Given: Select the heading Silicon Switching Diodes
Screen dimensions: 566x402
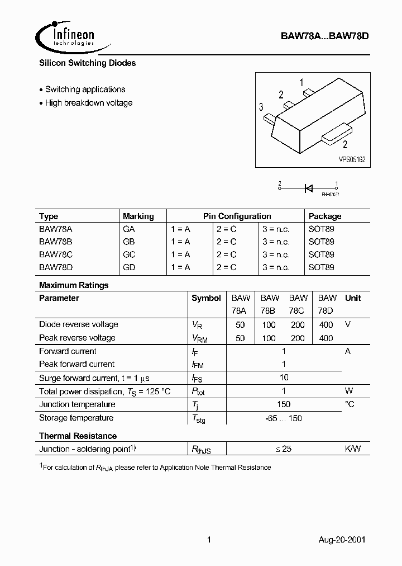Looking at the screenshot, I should click(x=87, y=63).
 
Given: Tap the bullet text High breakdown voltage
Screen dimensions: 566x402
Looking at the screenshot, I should click(x=89, y=103).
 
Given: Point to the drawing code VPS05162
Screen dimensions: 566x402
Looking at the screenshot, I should click(x=352, y=160).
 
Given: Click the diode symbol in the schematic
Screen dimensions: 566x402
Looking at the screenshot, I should click(x=308, y=188).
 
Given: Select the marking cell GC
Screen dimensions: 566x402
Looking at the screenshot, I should click(x=129, y=254).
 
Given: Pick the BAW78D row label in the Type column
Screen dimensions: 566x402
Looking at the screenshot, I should click(x=56, y=267).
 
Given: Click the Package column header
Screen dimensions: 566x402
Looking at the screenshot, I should click(x=324, y=216).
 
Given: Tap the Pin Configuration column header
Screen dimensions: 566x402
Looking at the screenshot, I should click(x=237, y=216).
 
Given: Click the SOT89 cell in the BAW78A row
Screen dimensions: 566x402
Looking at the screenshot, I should click(x=321, y=229).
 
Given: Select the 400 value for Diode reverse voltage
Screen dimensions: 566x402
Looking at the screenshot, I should click(x=326, y=324).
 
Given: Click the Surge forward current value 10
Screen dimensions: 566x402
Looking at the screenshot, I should click(x=284, y=378).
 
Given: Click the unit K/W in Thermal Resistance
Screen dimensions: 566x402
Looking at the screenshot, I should click(x=352, y=449).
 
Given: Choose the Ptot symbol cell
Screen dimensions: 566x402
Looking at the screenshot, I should click(x=199, y=392).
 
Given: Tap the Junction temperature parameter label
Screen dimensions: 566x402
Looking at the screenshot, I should click(x=77, y=404).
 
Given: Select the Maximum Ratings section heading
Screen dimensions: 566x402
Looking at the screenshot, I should click(x=74, y=285).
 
